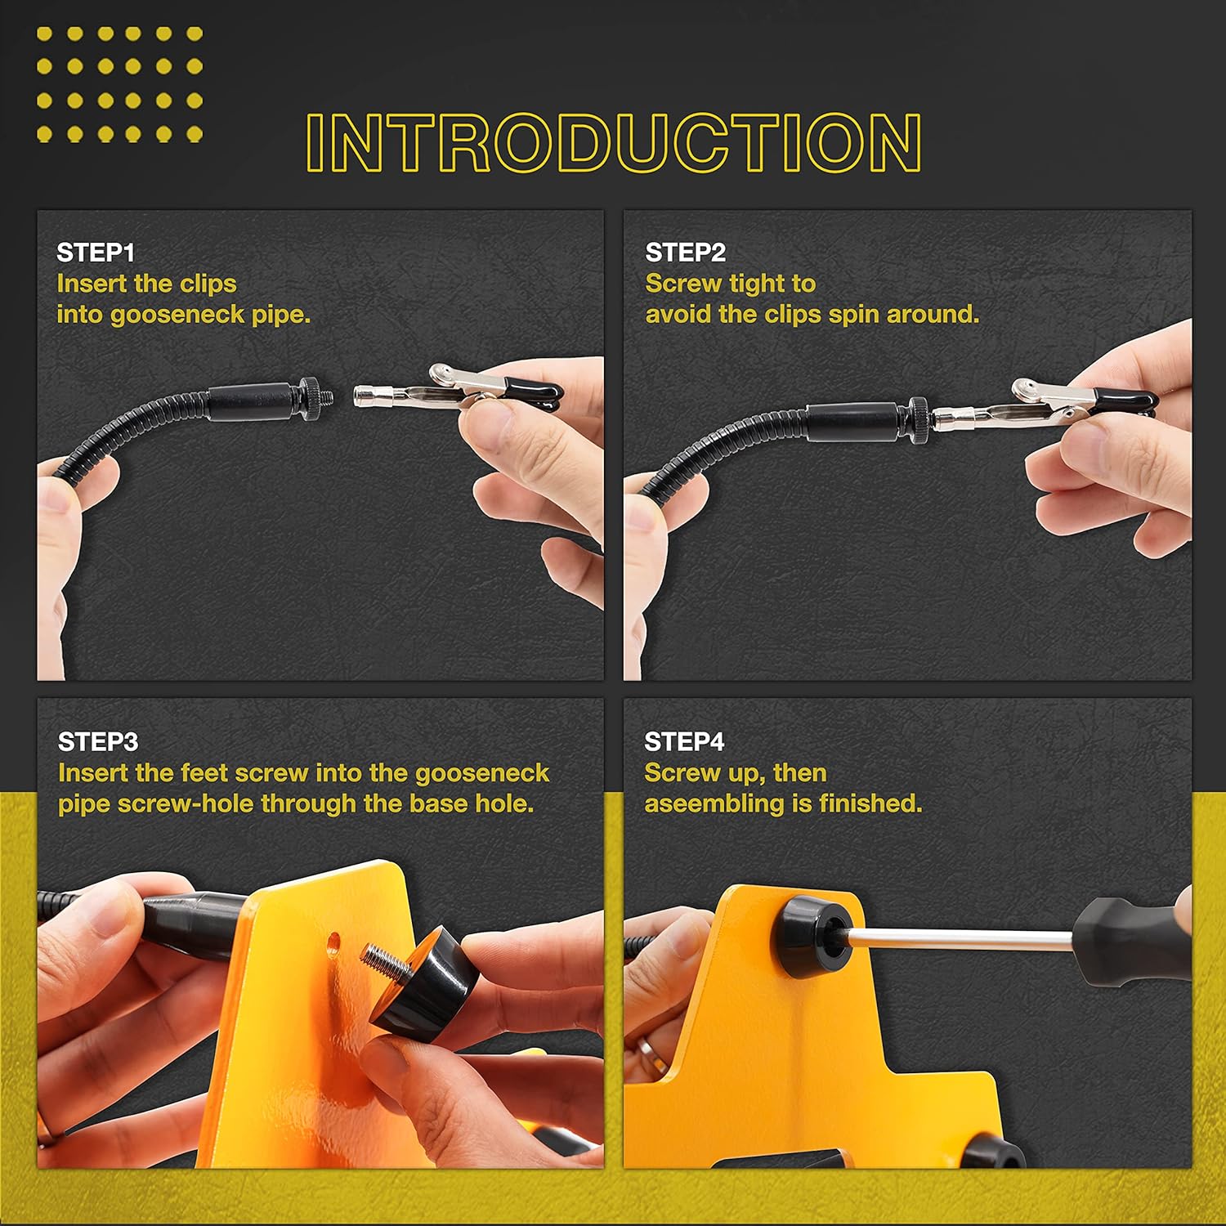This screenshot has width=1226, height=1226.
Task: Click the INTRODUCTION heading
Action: pos(614,142)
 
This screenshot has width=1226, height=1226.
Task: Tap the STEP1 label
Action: pos(96,253)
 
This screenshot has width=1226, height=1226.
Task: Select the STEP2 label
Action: pos(685,253)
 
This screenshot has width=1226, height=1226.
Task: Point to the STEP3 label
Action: pos(98,741)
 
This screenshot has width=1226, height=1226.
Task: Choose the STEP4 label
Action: pos(684,741)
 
